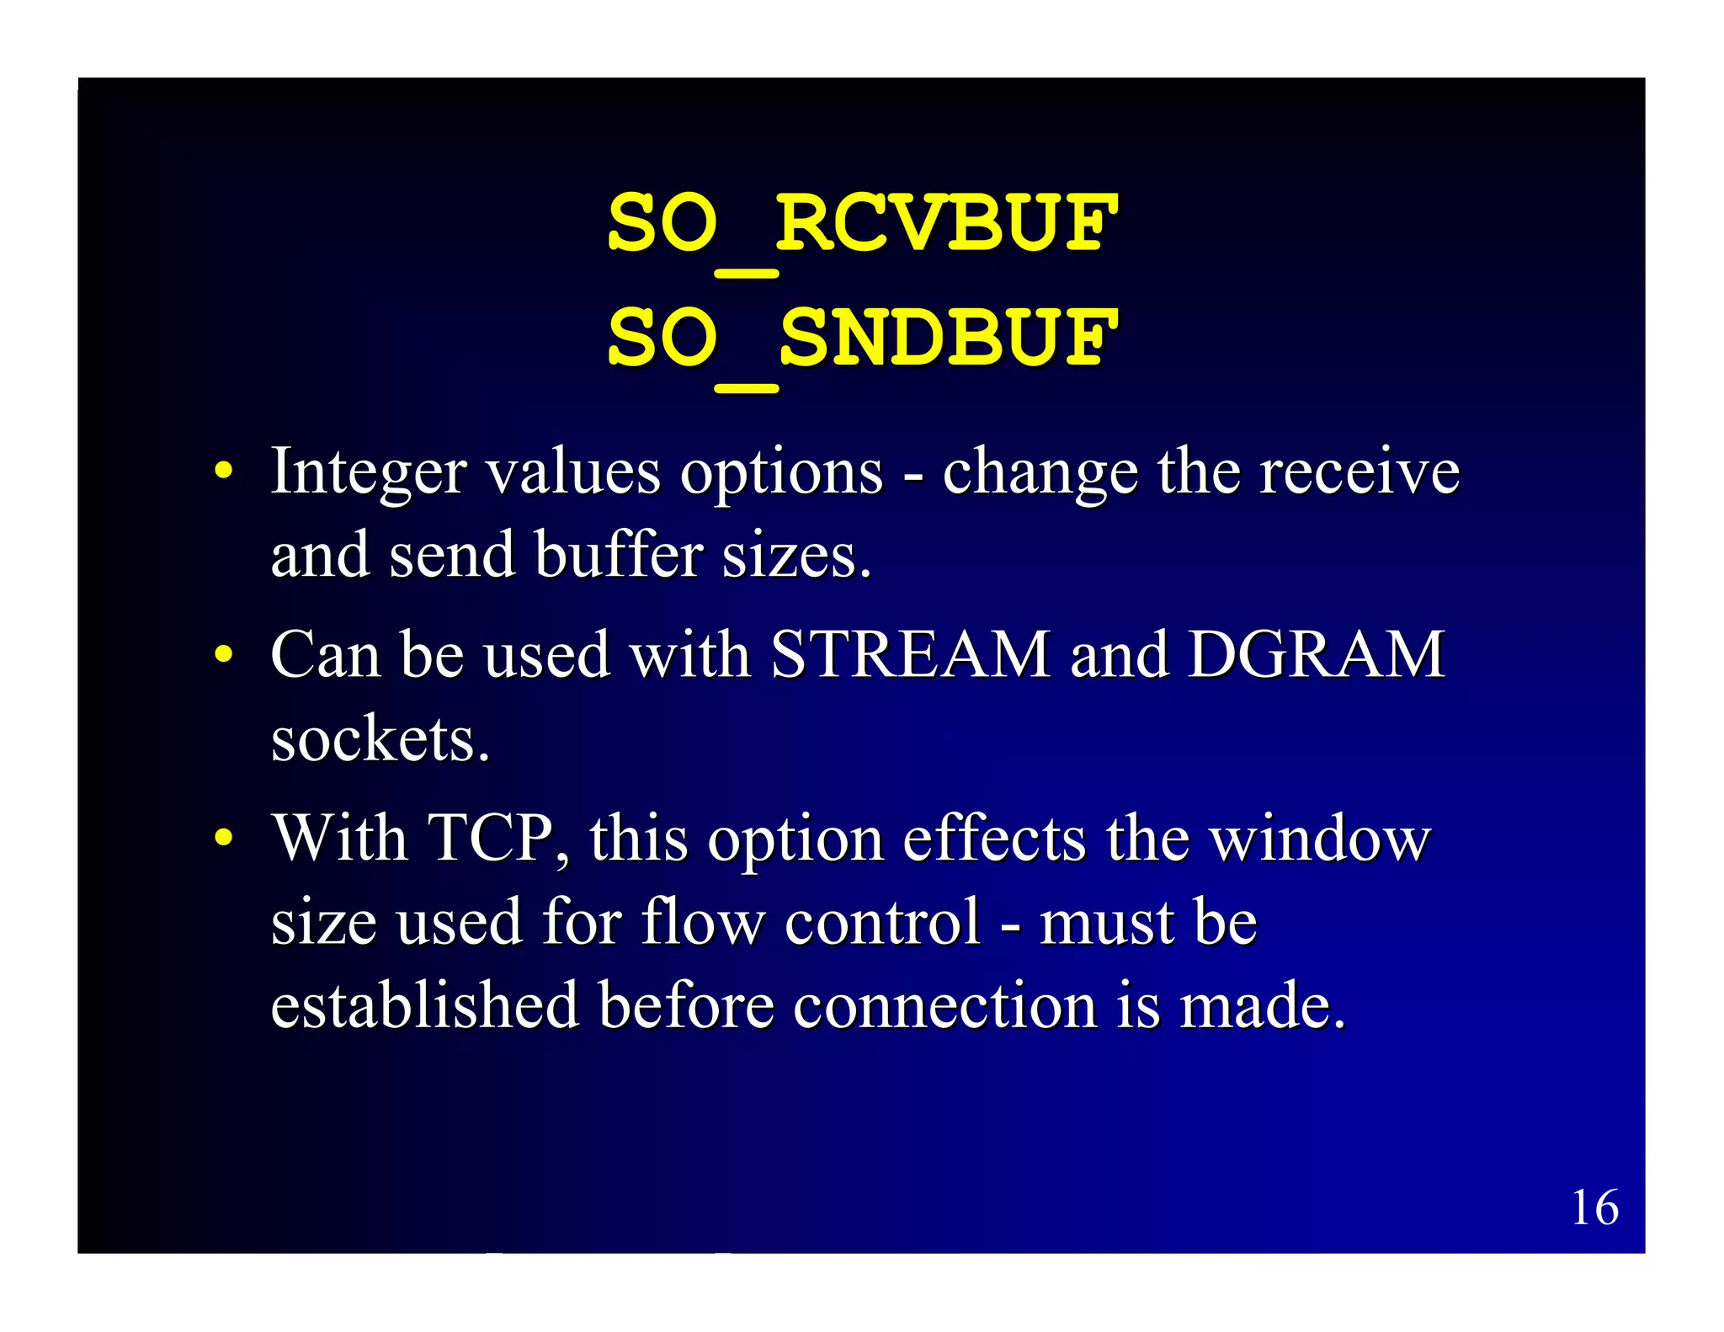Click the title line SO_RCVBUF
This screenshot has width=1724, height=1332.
pyautogui.click(x=862, y=223)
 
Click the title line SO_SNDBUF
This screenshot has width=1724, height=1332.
pyautogui.click(x=862, y=338)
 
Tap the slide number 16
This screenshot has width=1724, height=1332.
pyautogui.click(x=1594, y=1207)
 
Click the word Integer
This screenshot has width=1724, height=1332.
pyautogui.click(x=368, y=472)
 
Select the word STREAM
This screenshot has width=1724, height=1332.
pyautogui.click(x=910, y=654)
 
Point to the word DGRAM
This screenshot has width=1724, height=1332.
pyautogui.click(x=1316, y=654)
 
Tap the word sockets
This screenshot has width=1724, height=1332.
pyautogui.click(x=380, y=738)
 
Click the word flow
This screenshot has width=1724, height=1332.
pyautogui.click(x=703, y=921)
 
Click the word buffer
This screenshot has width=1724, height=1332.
pyautogui.click(x=619, y=555)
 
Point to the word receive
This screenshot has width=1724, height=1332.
pyautogui.click(x=1359, y=472)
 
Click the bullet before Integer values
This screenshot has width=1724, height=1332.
pyautogui.click(x=222, y=470)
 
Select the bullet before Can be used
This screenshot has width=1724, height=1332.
pyautogui.click(x=222, y=653)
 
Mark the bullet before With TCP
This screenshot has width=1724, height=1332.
pyautogui.click(x=222, y=837)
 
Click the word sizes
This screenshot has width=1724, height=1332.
pyautogui.click(x=796, y=557)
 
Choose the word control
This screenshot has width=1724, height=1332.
pyautogui.click(x=883, y=921)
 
